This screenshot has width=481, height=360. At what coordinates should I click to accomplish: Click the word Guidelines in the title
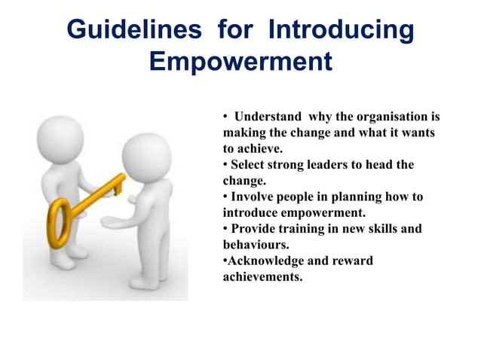(133, 29)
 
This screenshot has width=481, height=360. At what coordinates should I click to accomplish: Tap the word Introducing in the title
(342, 29)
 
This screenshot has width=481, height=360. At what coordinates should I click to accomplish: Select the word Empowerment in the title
(240, 61)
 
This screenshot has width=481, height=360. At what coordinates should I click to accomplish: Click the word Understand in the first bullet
(268, 117)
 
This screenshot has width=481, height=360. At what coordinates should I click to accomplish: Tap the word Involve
(253, 197)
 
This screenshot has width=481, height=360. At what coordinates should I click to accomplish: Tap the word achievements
(262, 276)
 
